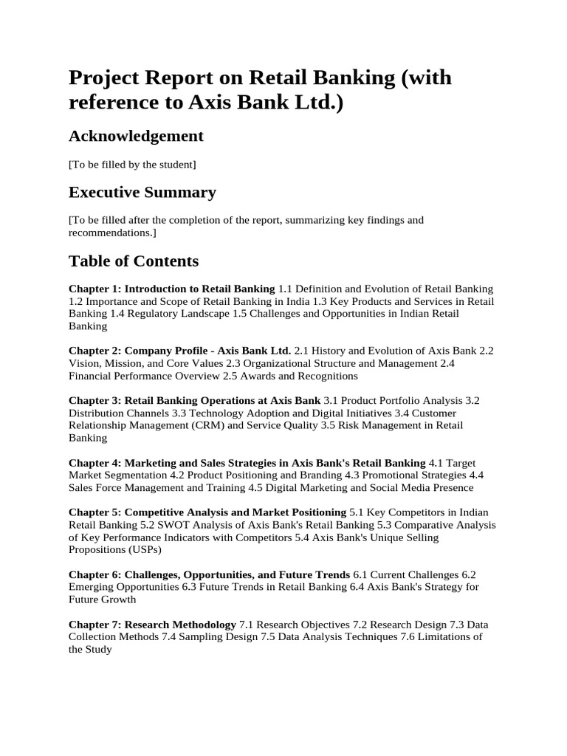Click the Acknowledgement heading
click(136, 137)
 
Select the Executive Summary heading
click(142, 193)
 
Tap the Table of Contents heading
click(134, 261)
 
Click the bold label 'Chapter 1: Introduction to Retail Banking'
click(172, 289)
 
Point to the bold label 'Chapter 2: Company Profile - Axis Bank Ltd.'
click(179, 350)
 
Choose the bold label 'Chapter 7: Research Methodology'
click(152, 624)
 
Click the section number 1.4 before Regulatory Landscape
click(118, 314)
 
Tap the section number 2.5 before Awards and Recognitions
click(252, 376)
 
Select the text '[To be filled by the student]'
click(132, 164)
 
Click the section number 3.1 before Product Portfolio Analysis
click(332, 400)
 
